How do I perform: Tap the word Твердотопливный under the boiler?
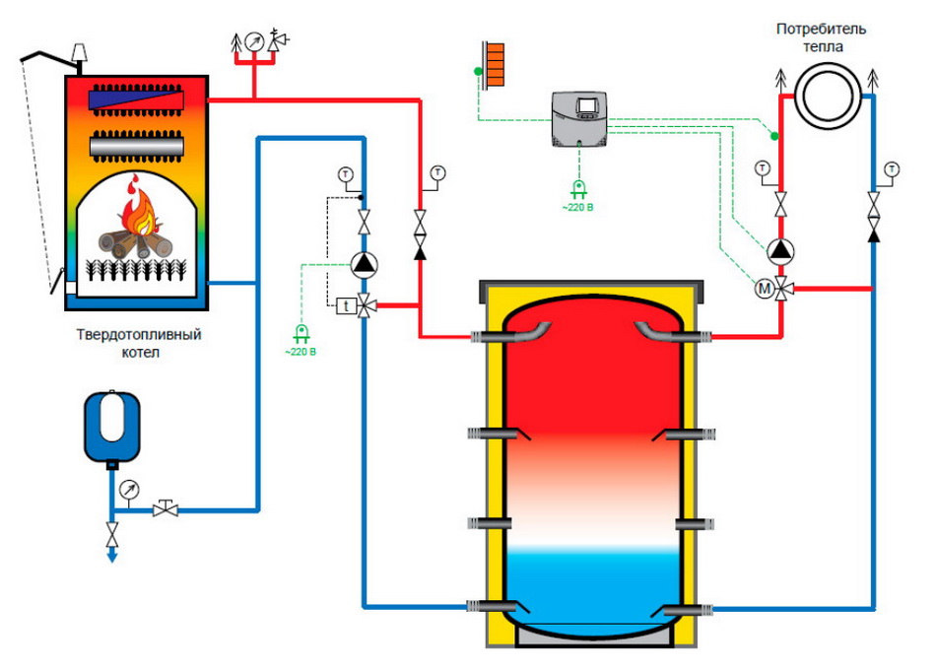pos(139,334)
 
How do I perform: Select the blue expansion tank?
pos(111,428)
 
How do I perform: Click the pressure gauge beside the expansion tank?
pos(129,490)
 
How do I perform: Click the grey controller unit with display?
pos(579,119)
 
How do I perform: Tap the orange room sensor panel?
pos(495,64)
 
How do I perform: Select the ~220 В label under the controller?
pos(577,208)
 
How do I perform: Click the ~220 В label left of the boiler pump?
pos(301,352)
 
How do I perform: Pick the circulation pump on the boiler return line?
pos(364,264)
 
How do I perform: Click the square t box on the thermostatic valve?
pos(346,306)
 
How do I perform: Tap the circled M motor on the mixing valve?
pos(765,289)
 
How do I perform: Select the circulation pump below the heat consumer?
pos(780,251)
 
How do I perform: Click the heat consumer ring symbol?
pos(828,96)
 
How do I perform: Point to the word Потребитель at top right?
pos(821,29)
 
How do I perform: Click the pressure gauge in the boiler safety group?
pos(255,41)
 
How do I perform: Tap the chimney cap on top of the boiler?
pos(80,52)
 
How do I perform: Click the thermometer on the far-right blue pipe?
pos(892,168)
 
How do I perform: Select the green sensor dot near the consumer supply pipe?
pos(774,137)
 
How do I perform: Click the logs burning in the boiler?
pos(135,244)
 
